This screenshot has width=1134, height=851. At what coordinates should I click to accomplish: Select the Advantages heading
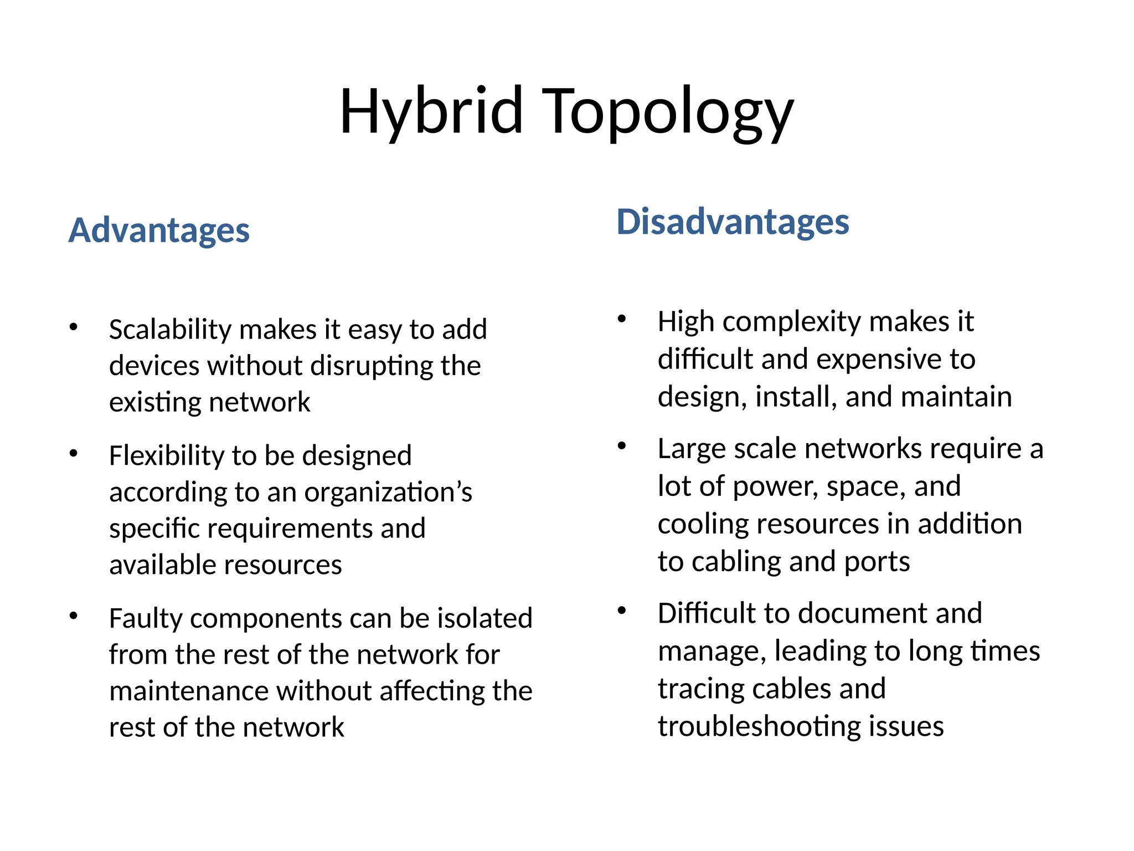click(159, 230)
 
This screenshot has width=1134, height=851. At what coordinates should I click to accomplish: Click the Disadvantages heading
click(733, 222)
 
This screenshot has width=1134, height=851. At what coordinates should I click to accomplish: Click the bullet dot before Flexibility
click(74, 454)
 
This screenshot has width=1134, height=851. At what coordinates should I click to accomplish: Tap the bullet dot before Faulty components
click(74, 616)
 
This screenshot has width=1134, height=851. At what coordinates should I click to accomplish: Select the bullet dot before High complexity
click(622, 319)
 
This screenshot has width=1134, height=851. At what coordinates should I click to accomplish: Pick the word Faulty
click(146, 619)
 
